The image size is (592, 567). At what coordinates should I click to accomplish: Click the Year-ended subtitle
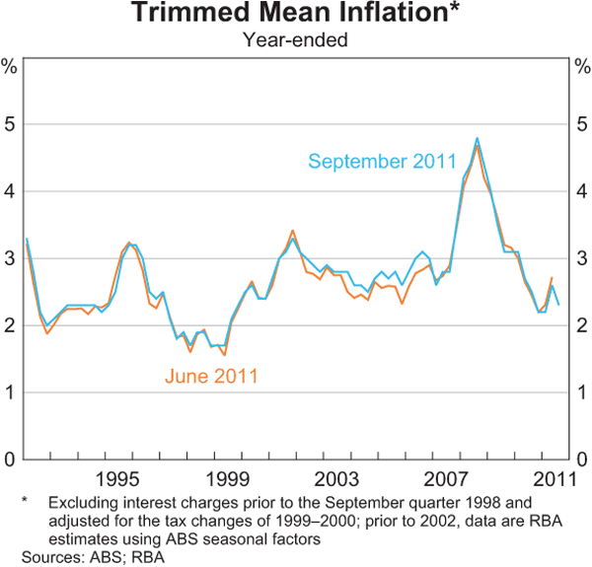[296, 41]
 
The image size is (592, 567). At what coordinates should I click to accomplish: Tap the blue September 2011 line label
[382, 162]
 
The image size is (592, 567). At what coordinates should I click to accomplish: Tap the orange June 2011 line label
[213, 376]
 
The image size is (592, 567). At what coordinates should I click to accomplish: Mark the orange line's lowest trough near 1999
[225, 354]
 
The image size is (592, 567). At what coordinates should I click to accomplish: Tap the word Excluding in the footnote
[71, 503]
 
